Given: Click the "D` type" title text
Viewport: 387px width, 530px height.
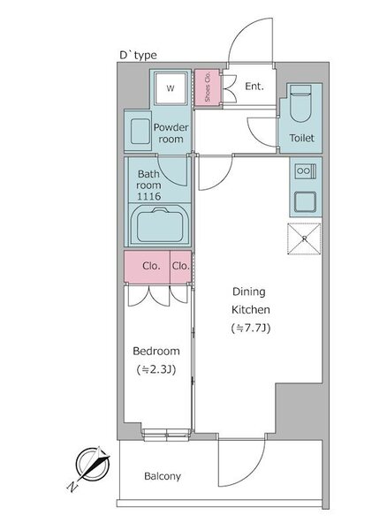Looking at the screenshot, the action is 138,55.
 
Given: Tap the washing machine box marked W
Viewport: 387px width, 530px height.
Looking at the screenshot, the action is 171,88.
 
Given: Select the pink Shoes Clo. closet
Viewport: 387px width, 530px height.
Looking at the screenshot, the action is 207,87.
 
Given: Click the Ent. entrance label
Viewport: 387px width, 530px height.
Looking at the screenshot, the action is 254,87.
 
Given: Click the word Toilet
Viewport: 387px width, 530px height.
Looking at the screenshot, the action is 301,138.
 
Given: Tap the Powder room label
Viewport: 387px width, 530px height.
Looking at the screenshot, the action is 171,133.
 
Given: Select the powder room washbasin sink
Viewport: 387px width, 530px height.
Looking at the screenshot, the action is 140,132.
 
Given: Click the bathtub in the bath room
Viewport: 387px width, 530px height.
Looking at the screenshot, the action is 160,225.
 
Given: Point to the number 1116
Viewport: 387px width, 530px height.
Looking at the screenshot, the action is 148,196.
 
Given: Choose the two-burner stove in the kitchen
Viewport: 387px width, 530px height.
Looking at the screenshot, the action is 305,171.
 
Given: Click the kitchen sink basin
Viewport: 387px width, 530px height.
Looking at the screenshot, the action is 305,201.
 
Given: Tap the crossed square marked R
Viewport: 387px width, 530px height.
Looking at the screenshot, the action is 304,238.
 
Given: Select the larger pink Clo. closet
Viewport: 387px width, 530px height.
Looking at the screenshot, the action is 147,267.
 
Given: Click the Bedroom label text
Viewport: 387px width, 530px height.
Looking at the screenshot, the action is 156,351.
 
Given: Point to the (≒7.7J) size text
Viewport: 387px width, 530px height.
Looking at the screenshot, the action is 251,329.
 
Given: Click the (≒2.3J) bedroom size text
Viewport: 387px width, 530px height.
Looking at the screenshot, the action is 156,369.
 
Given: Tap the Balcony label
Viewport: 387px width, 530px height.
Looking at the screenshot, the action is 163,476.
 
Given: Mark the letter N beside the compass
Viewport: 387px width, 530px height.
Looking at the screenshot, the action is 72,487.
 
